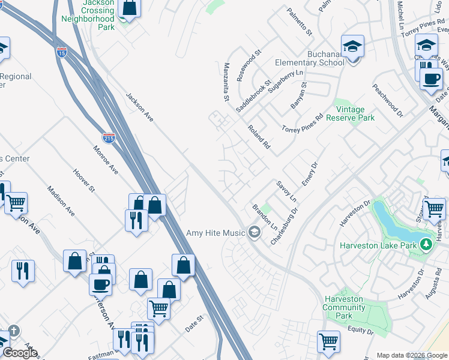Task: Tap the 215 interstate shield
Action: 109,138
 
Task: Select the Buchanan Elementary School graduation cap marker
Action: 352,46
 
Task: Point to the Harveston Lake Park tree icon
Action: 426,244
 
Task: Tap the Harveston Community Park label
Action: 343,307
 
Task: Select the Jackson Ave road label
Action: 139,107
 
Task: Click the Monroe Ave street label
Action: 104,160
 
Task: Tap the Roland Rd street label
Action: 259,137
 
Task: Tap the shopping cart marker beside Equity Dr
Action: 328,341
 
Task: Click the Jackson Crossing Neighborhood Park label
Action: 88,15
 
